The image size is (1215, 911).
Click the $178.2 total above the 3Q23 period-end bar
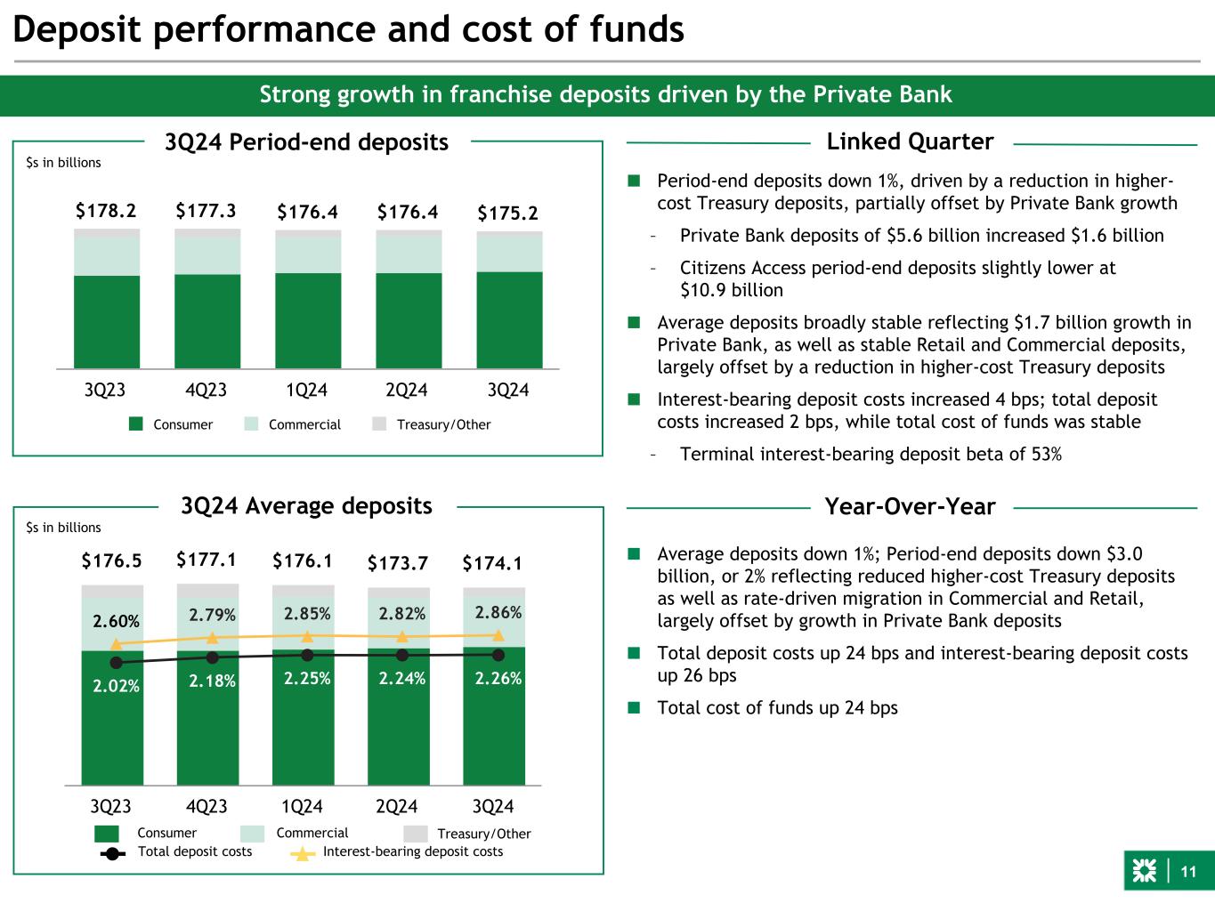106,211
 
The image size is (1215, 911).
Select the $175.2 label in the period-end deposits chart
507,214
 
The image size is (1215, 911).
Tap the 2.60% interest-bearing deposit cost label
116,620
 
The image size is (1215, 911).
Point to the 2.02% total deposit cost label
116,686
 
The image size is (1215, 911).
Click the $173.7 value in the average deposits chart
398,563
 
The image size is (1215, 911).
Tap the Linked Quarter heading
910,141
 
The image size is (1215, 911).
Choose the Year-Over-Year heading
910,507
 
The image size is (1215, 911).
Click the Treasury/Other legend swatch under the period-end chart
379,424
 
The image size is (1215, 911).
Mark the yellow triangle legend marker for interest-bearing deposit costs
304,853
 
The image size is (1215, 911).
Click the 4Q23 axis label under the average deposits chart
207,807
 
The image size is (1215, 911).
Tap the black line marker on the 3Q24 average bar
498,655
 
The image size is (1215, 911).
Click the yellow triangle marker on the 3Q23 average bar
116,643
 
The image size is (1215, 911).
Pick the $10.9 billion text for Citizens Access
731,290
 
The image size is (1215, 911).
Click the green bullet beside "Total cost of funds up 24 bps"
634,708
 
